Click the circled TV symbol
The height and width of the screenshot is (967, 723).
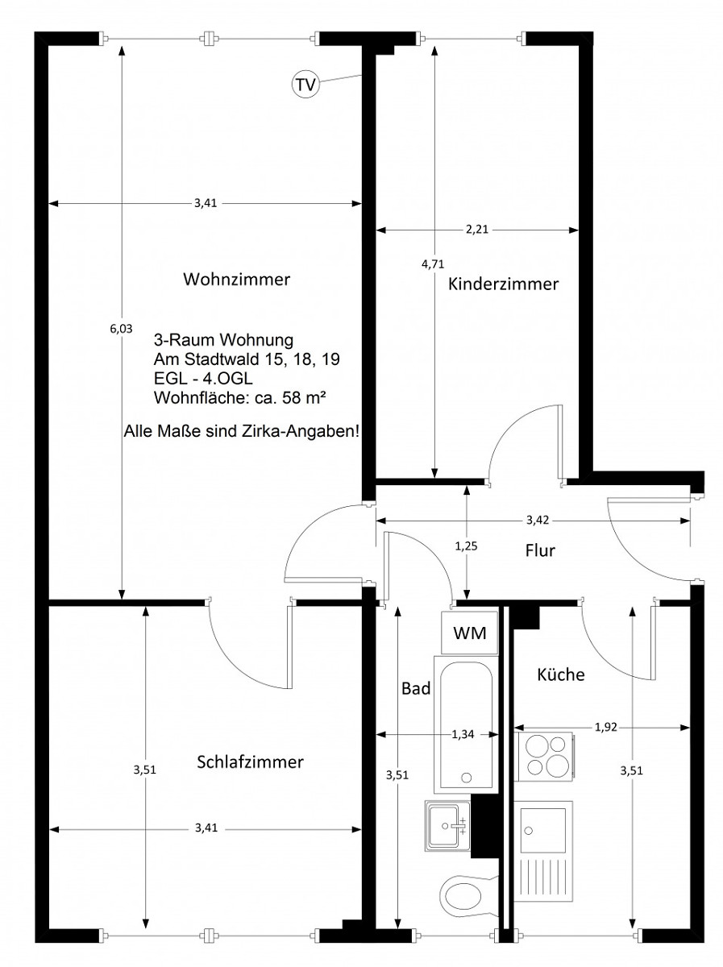pos(305,84)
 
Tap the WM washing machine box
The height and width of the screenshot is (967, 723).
pos(470,633)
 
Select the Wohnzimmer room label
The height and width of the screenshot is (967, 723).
pos(237,280)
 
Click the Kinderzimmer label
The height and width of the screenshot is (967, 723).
pos(503,284)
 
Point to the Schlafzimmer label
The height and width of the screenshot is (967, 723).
pos(250,762)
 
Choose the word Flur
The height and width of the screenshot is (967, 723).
pos(540,550)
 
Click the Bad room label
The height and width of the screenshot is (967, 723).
pos(415,688)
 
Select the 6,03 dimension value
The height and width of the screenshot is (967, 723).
pos(121,329)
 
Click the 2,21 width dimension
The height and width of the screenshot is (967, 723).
pos(477,230)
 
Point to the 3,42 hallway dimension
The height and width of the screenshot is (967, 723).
pos(538,521)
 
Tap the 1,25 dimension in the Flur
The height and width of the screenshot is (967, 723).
pos(466,546)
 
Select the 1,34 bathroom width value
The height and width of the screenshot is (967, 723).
pos(463,734)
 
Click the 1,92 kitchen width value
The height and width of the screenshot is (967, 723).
pos(606,728)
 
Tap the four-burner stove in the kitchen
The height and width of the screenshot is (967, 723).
pos(545,757)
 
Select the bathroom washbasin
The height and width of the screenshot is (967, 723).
pos(447,825)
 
